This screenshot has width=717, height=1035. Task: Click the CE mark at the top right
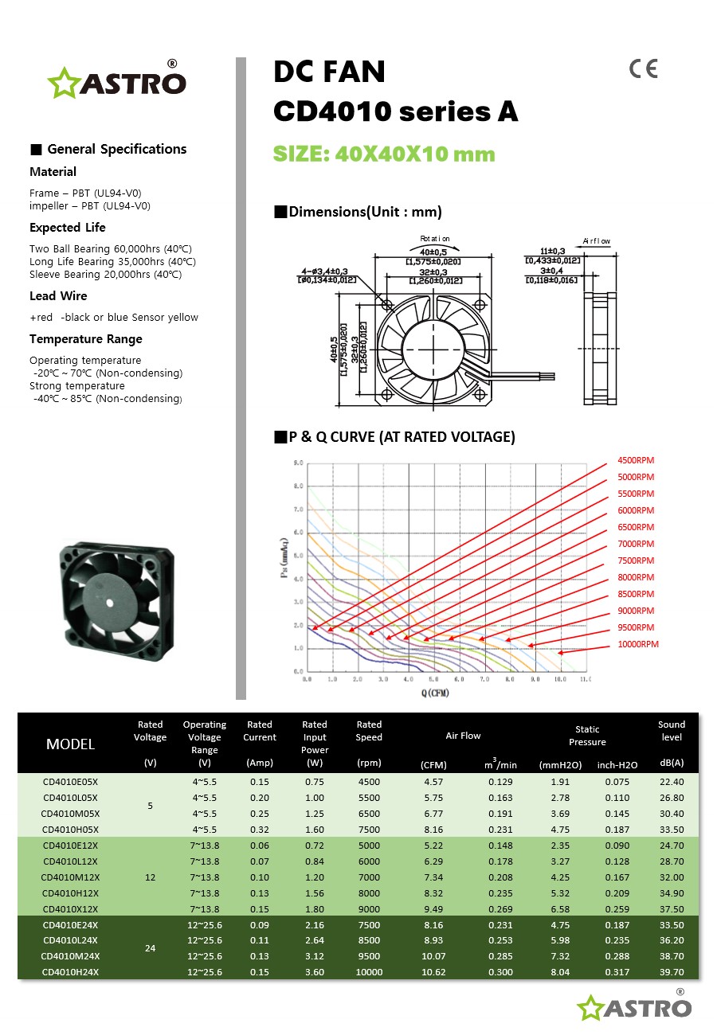tap(643, 69)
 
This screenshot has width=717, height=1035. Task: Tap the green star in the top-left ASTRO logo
tap(61, 84)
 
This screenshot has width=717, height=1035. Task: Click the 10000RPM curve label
tap(638, 644)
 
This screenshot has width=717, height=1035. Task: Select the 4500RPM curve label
tap(636, 460)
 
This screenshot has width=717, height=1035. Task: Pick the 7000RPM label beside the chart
tap(636, 544)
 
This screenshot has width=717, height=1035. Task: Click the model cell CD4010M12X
tap(70, 877)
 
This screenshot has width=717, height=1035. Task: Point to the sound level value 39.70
tap(672, 972)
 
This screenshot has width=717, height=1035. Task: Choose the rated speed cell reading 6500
tap(369, 814)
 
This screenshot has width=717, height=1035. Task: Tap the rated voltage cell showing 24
tap(150, 948)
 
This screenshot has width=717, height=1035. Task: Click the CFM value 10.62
tap(433, 972)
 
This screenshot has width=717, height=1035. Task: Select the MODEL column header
tap(70, 744)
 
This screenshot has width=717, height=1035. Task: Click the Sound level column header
tap(672, 731)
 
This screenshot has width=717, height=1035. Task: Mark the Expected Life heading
tap(68, 228)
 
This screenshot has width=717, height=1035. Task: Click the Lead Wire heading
tap(58, 296)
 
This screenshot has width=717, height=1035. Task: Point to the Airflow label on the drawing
tap(596, 240)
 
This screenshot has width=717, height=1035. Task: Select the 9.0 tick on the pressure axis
tap(297, 463)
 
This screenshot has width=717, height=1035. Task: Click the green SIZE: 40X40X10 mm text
tap(384, 154)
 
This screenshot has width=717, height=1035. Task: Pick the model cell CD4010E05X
tap(70, 782)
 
